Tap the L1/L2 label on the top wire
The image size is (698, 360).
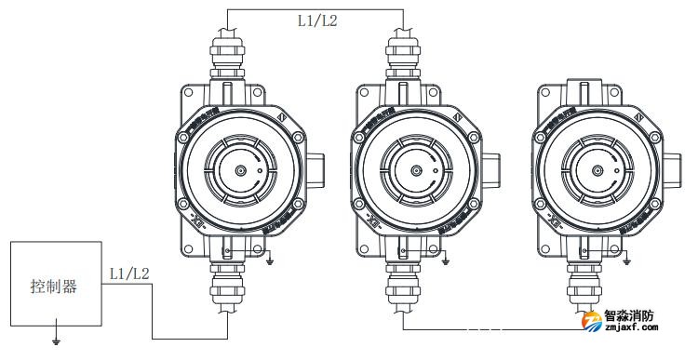coord(316,18)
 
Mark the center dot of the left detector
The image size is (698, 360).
coord(240,171)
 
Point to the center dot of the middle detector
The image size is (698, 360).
coord(417,171)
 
